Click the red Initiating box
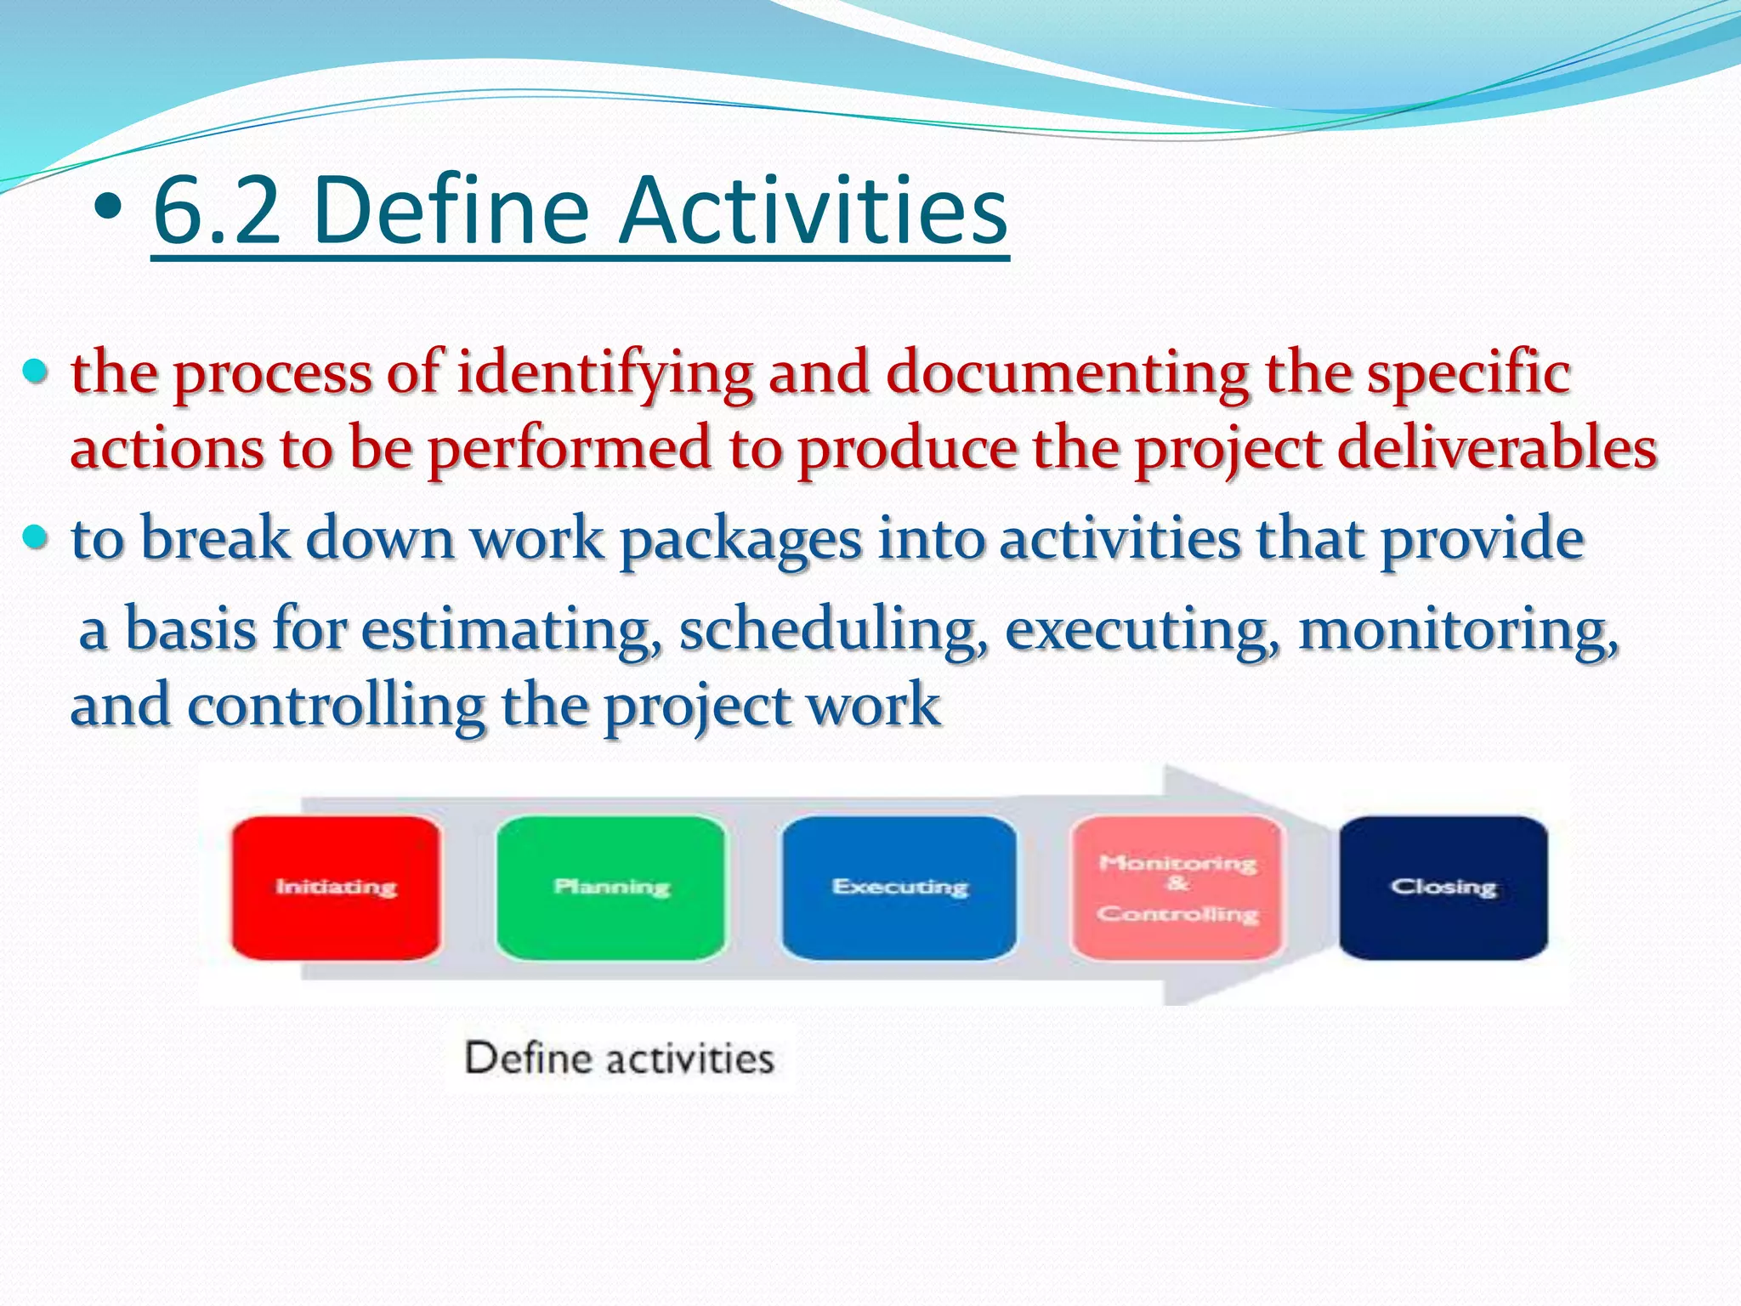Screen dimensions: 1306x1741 (336, 888)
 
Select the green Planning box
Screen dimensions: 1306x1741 (611, 888)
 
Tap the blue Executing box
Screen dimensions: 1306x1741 (899, 888)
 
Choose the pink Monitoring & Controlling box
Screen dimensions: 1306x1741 (1177, 888)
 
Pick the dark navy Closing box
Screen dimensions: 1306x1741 (1443, 888)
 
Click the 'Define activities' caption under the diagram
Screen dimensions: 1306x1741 (619, 1059)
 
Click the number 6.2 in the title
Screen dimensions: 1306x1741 (217, 209)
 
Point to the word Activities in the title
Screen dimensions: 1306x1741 (813, 209)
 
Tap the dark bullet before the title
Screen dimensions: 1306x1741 (108, 207)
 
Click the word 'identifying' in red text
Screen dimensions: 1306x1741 (605, 374)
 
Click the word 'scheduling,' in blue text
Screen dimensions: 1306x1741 (834, 631)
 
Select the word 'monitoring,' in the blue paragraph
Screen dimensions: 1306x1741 (1459, 631)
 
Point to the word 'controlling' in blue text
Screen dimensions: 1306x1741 (336, 706)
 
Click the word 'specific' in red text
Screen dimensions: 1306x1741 (1468, 374)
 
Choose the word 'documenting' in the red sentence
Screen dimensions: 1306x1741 (1068, 374)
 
